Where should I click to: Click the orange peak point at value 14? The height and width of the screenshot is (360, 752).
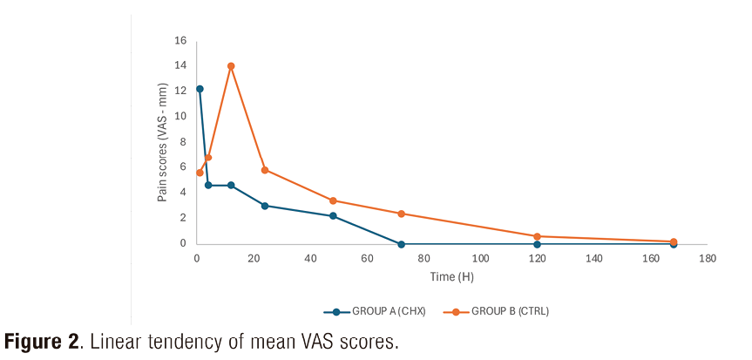231,66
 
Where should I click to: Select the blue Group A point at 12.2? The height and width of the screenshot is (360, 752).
200,89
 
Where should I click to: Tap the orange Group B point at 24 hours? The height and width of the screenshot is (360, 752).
265,170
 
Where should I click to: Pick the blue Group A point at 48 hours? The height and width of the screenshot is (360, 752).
333,216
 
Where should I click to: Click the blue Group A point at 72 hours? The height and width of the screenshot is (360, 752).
401,244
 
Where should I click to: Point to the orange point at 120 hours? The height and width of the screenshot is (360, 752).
537,236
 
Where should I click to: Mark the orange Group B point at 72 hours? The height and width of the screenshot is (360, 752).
401,214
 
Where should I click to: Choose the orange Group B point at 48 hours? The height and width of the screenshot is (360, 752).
333,200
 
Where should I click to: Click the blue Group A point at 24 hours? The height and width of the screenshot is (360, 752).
265,206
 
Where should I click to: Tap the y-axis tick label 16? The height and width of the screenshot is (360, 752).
180,40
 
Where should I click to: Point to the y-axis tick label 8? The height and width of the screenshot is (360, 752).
183,142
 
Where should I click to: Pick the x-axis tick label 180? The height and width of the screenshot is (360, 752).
707,259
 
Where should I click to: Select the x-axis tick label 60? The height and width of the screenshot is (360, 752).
367,259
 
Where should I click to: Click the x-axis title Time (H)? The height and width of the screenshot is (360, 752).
451,276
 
